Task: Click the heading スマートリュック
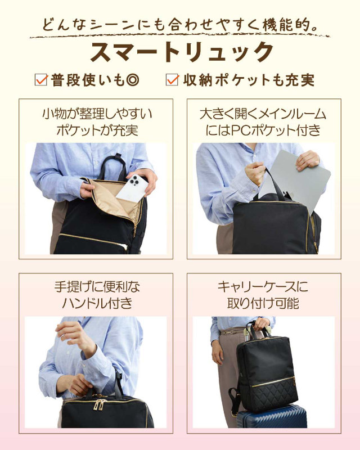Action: [x=182, y=52]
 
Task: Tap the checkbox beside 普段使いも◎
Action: [x=41, y=79]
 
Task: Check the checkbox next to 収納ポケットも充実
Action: [x=172, y=79]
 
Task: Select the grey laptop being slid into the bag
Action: [x=296, y=180]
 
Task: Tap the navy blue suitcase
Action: [x=271, y=416]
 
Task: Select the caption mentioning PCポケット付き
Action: [x=263, y=122]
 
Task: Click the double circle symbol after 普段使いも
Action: [x=133, y=80]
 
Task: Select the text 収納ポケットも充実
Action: [x=249, y=80]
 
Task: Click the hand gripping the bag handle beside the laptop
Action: [x=255, y=173]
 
